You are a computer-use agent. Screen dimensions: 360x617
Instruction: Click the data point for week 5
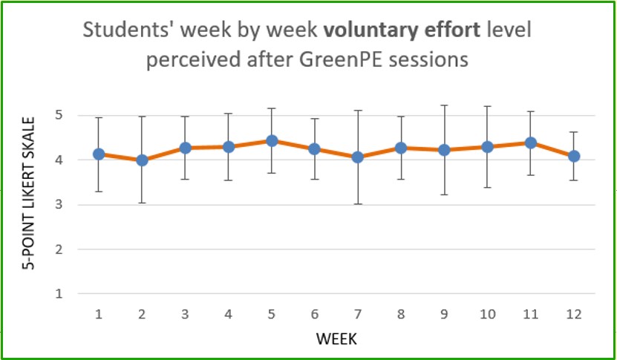272,141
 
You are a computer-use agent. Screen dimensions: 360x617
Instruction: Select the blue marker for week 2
142,160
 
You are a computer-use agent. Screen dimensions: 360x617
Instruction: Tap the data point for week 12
573,156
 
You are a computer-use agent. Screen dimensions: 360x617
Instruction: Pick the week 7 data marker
357,157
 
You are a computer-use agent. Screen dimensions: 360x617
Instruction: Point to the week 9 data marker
444,150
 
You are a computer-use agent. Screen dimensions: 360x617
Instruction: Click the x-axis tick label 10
487,315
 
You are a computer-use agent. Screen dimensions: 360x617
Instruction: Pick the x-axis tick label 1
99,315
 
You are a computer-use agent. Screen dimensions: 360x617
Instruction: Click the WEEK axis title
336,339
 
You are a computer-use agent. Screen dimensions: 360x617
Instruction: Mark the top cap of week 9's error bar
444,105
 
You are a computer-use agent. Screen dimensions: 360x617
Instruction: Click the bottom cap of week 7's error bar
357,203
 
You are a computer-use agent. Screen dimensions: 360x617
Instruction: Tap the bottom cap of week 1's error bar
99,192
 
